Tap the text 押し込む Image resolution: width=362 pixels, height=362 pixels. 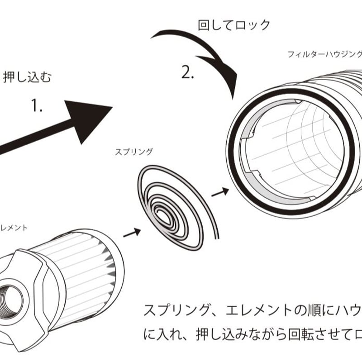click(x=27, y=77)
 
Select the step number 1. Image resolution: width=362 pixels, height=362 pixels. click(x=37, y=106)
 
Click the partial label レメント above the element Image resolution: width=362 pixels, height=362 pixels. click(x=14, y=228)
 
